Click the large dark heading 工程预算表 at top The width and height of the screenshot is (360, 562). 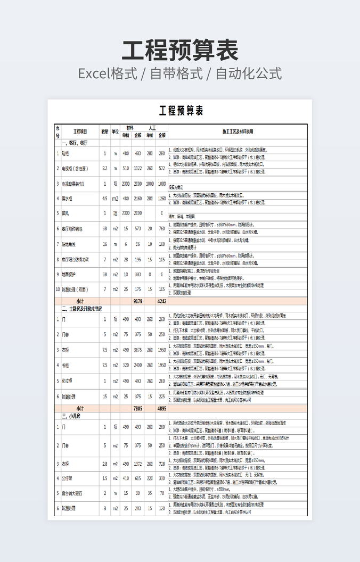[x=180, y=50]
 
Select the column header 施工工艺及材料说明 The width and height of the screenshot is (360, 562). [x=238, y=131]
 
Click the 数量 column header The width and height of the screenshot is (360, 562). [x=105, y=131]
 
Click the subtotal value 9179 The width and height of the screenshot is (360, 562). [x=137, y=301]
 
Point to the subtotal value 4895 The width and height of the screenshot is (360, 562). [x=162, y=408]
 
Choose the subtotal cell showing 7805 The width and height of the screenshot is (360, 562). [x=137, y=408]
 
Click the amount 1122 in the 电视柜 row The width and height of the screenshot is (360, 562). [x=137, y=168]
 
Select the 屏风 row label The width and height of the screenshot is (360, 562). [x=66, y=213]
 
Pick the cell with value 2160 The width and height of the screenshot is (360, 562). [x=137, y=199]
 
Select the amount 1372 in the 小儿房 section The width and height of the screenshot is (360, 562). [x=137, y=464]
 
